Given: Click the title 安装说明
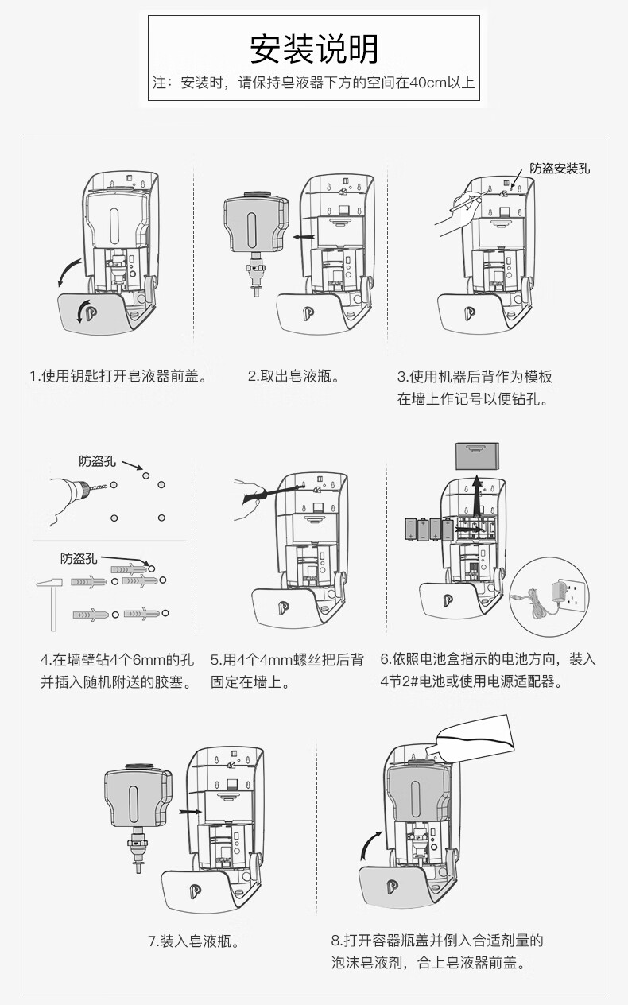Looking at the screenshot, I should pos(314,49).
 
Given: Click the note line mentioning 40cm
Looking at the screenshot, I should pos(314,83).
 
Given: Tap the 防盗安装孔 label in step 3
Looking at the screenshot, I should pos(560,168).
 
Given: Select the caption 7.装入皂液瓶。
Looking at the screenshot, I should pos(194,941).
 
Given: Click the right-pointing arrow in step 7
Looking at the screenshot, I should pos(189,812).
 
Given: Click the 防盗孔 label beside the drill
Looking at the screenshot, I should pos(96,461).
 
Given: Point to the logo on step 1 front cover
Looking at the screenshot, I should pos(83,311).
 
